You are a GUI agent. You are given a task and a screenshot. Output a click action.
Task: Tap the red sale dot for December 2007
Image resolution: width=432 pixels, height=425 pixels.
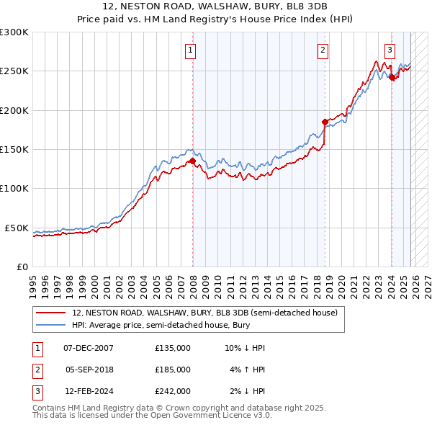(x=193, y=161)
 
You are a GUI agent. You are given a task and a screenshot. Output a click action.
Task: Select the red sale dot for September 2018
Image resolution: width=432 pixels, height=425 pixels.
(x=325, y=122)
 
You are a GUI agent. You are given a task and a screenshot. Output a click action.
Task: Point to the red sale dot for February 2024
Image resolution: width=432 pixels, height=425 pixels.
(x=392, y=78)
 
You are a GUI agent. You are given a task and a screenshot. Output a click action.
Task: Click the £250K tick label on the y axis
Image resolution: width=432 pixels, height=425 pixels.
(x=14, y=71)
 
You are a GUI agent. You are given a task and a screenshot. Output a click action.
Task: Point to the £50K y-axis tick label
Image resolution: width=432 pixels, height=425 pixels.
(x=17, y=228)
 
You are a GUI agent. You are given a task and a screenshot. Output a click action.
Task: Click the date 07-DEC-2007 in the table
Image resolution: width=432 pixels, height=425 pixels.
(x=89, y=348)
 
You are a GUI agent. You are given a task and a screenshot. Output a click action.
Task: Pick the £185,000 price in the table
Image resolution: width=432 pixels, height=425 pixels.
(x=173, y=370)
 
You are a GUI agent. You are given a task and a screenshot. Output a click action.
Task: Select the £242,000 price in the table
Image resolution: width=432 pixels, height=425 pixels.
(x=173, y=391)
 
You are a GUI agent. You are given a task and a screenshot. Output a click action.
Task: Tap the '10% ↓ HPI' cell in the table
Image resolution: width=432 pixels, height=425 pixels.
(x=245, y=348)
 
